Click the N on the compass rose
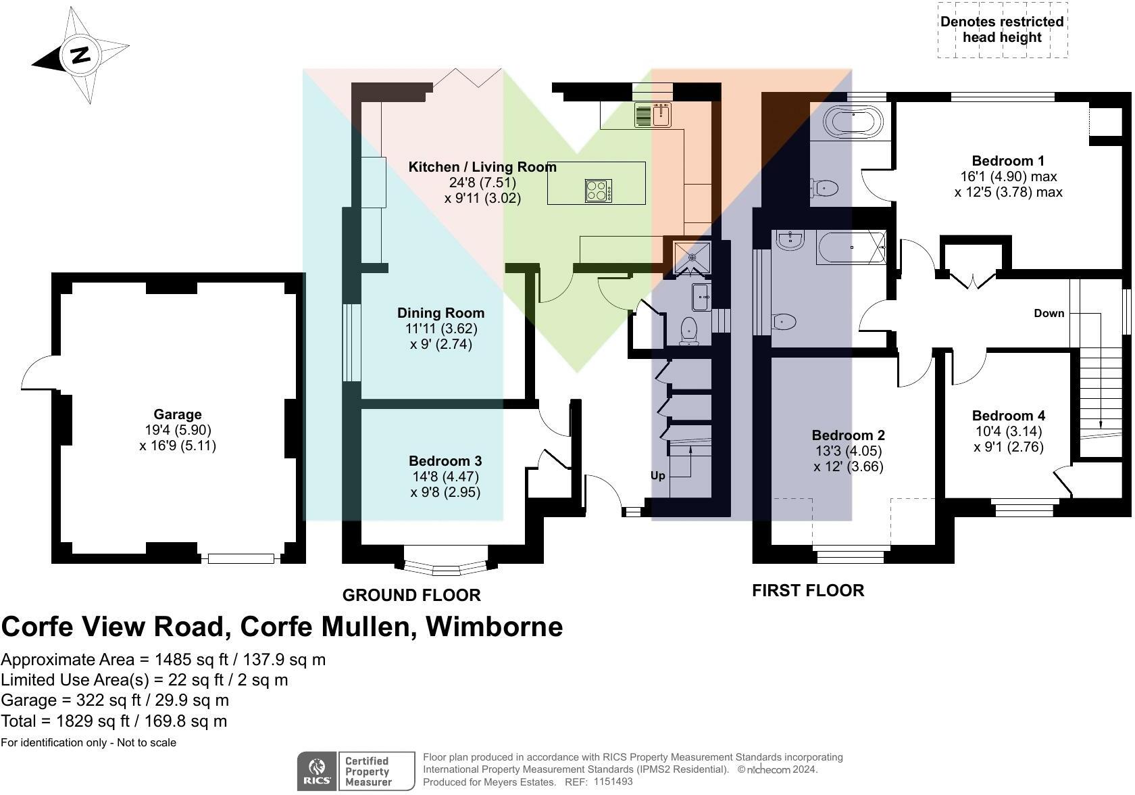[80, 54]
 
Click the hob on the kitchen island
[599, 191]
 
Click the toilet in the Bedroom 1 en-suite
[824, 189]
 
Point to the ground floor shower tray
[692, 258]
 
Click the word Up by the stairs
[658, 476]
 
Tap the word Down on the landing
[1049, 314]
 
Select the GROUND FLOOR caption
[411, 595]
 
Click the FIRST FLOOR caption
[808, 590]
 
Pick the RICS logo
[317, 771]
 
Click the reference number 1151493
[613, 781]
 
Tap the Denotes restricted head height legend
[1003, 30]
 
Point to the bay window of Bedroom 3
[445, 566]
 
